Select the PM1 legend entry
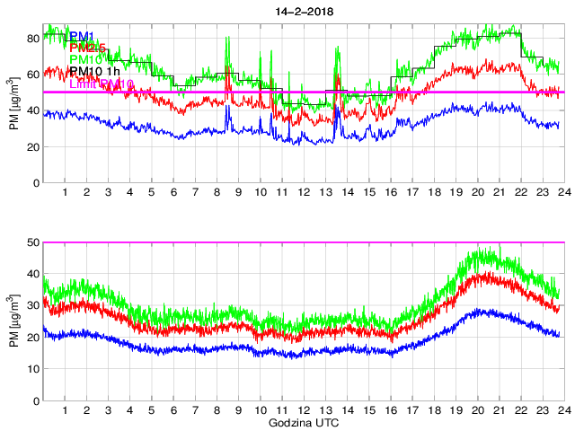pyautogui.click(x=82, y=36)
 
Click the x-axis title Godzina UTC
pyautogui.click(x=303, y=422)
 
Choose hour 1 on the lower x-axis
pyautogui.click(x=66, y=410)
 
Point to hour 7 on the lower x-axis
pyautogui.click(x=195, y=410)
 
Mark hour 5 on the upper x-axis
pyautogui.click(x=152, y=192)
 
